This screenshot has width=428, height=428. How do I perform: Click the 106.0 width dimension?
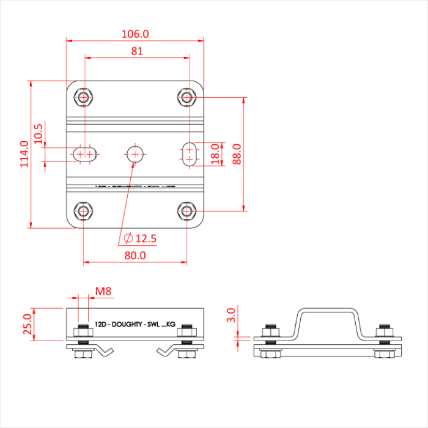136,34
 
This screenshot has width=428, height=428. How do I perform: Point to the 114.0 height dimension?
24,154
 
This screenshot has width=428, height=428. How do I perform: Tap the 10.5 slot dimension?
38,133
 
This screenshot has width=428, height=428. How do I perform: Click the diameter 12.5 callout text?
139,238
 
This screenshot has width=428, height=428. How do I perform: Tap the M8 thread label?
103,292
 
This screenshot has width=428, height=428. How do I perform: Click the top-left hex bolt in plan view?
83,97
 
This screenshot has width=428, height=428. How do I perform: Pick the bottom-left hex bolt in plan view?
83,212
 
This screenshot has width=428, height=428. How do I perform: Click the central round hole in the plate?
135,153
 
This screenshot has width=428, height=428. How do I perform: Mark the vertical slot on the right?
190,153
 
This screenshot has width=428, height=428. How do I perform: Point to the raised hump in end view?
324,313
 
